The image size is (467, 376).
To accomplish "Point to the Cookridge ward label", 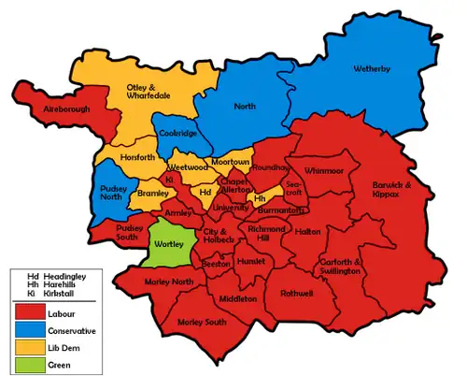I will point(177,134).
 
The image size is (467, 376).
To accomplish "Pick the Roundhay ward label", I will point(271,167).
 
